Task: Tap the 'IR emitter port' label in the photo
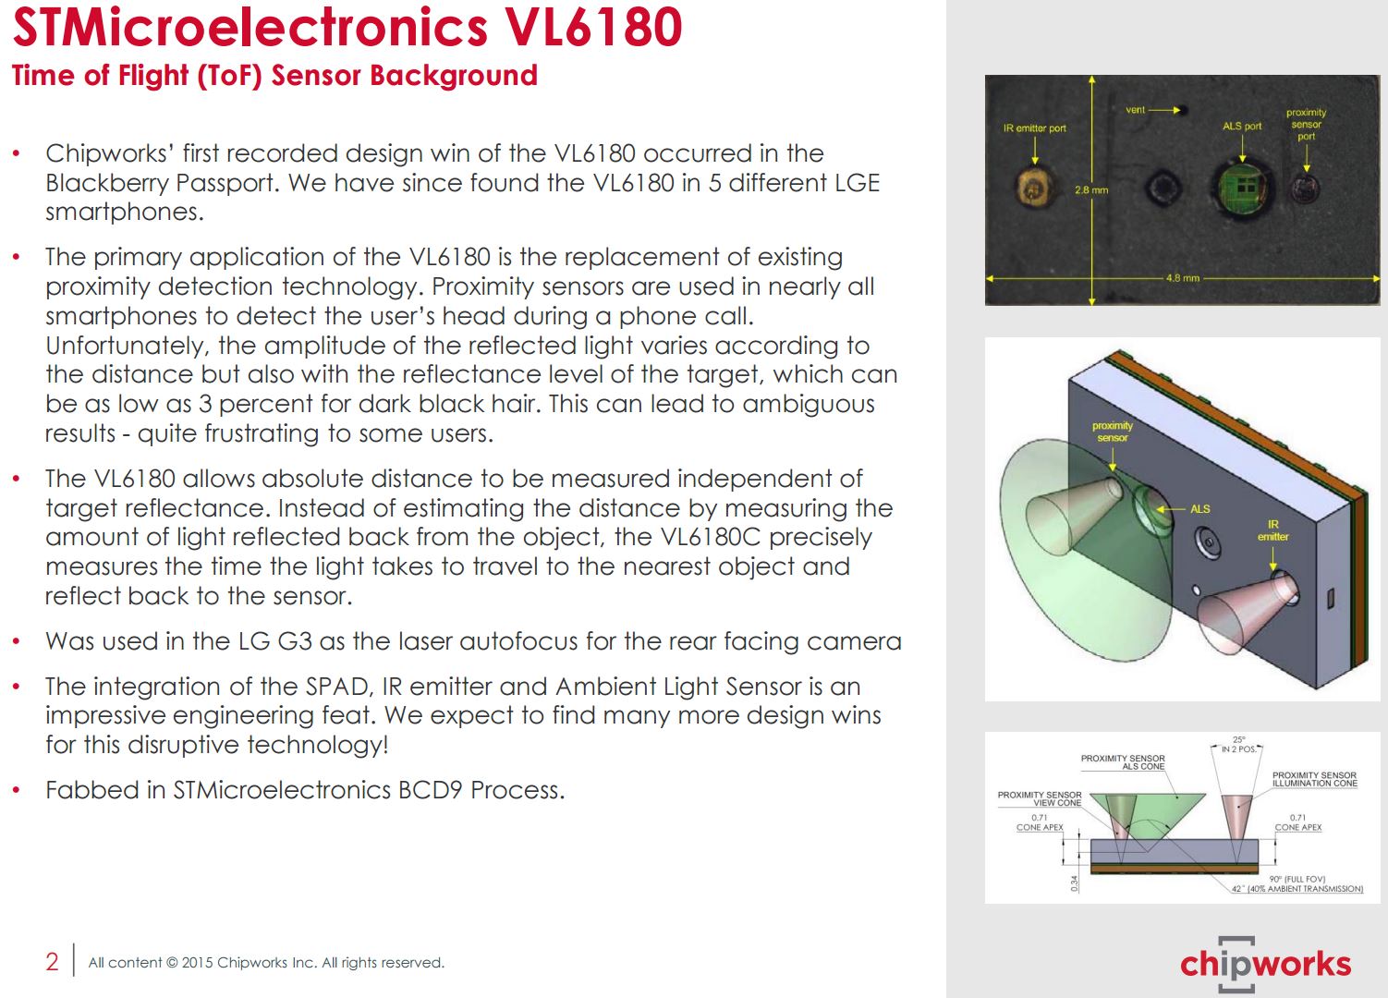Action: click(x=1034, y=128)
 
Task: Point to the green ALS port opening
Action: click(x=1241, y=189)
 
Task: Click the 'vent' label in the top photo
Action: click(x=1135, y=110)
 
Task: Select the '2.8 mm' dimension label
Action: click(x=1090, y=190)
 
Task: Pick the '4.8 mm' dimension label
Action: click(x=1182, y=278)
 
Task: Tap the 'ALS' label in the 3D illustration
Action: click(x=1199, y=509)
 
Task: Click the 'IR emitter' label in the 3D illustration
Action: click(x=1272, y=530)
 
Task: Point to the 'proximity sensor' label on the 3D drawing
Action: click(x=1113, y=432)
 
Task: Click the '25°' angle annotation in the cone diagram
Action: click(x=1238, y=739)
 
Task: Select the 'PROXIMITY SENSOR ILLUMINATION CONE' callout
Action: click(x=1314, y=779)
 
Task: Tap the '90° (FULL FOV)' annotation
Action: click(x=1297, y=879)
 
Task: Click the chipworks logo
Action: click(x=1265, y=965)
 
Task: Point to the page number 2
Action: click(x=52, y=962)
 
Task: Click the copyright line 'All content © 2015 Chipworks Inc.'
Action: click(x=266, y=963)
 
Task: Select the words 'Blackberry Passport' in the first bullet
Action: click(x=160, y=183)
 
